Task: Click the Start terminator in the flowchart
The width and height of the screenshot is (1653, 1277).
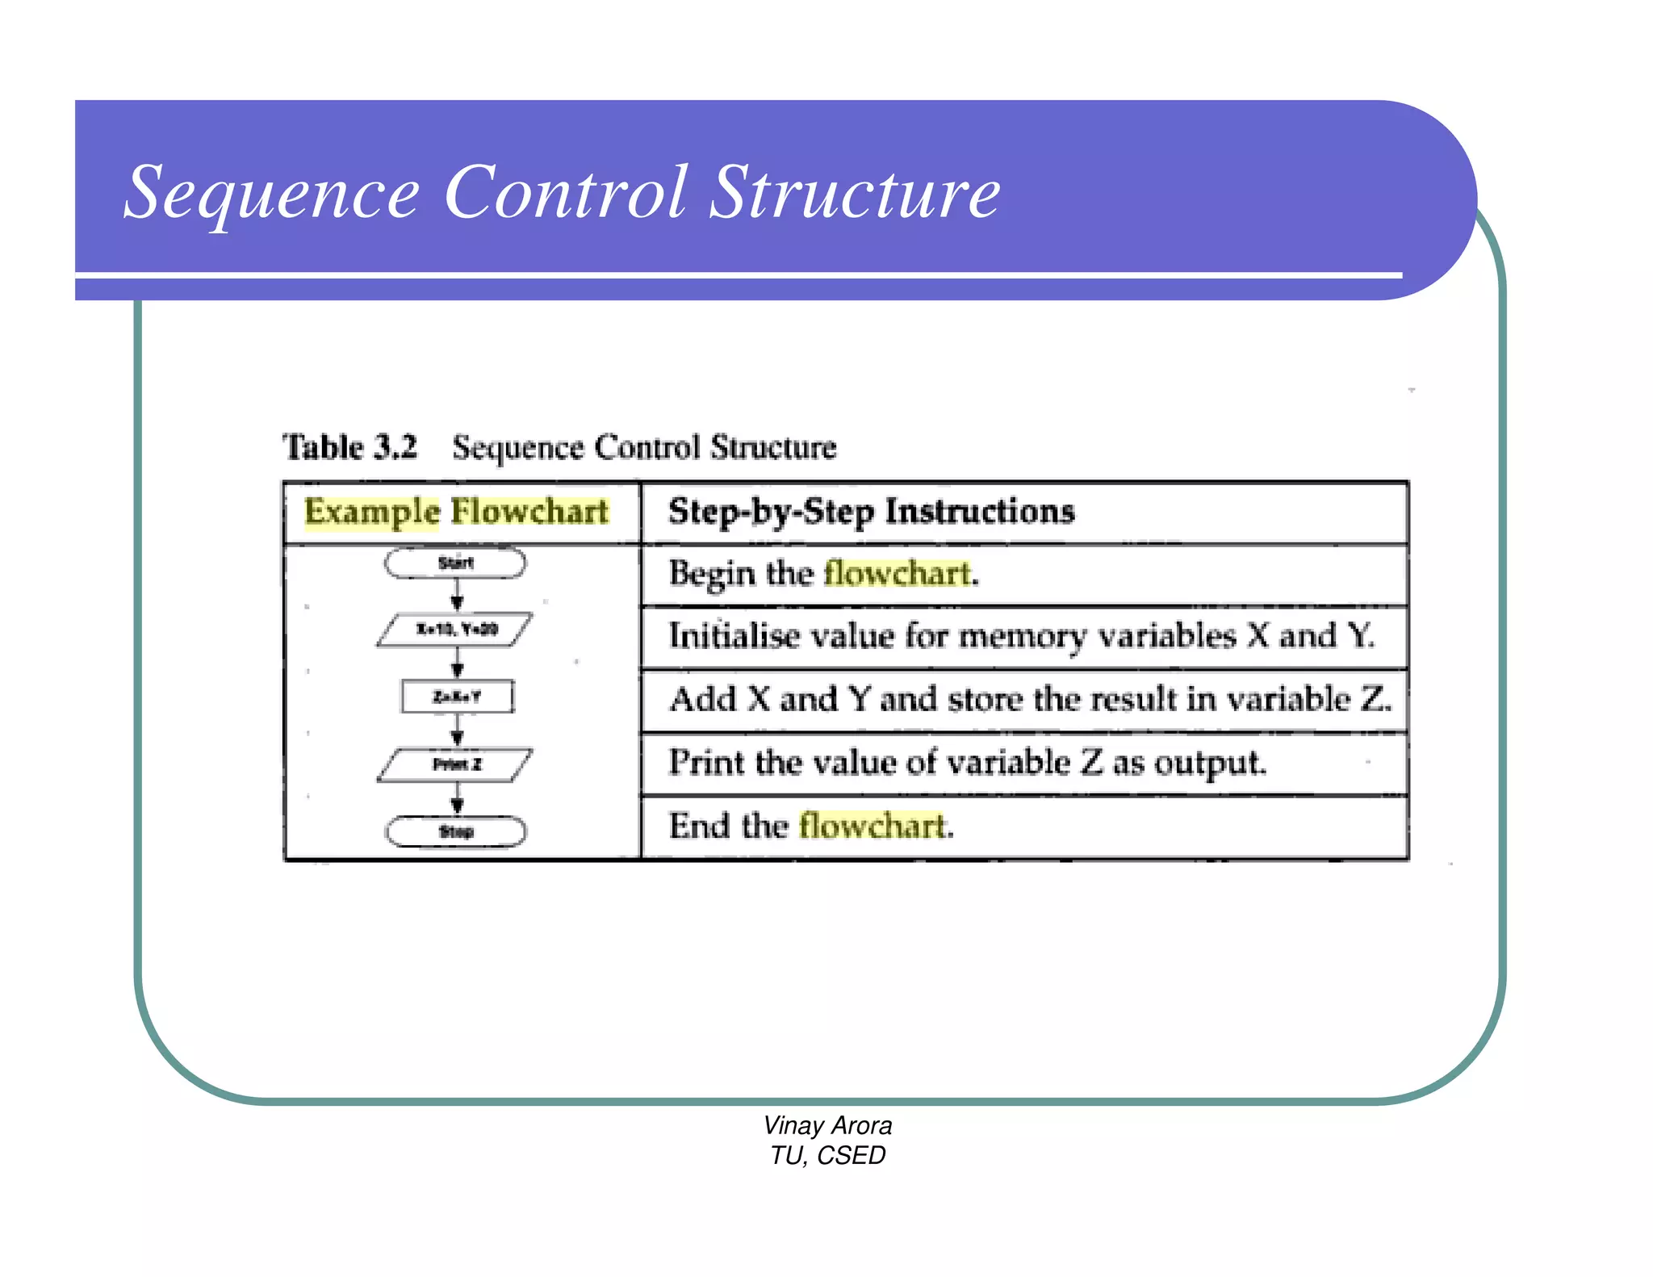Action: point(455,563)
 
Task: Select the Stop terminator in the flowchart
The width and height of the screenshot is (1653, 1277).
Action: point(456,831)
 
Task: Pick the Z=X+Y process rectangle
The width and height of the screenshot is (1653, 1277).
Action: point(457,697)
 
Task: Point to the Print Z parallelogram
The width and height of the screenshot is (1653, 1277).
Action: point(456,764)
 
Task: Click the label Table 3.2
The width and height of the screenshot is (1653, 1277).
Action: point(349,446)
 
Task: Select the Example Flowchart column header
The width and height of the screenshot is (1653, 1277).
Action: point(456,512)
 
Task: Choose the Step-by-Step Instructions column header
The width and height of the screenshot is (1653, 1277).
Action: point(872,512)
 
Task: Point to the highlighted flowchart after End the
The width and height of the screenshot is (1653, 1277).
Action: point(873,826)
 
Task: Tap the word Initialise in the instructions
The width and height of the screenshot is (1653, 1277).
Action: point(734,636)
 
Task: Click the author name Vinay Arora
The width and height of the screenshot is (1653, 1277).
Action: point(827,1125)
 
